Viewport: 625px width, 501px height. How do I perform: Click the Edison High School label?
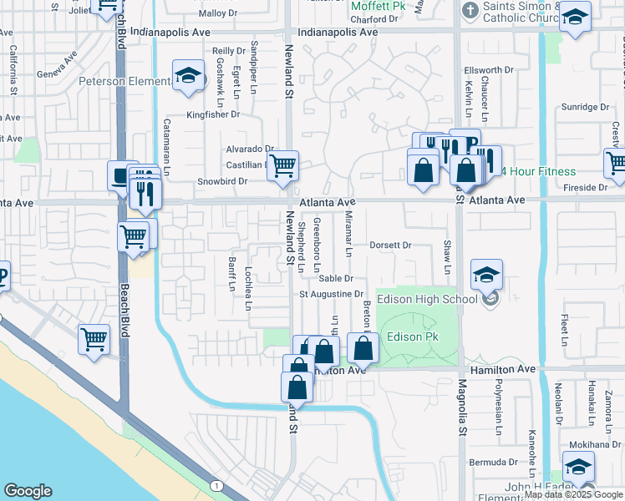(427, 300)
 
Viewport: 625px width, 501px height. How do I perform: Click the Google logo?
(28, 491)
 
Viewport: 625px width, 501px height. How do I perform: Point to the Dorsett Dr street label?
(391, 245)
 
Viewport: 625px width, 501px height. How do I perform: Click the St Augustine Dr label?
(332, 294)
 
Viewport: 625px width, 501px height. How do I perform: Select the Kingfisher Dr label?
(213, 114)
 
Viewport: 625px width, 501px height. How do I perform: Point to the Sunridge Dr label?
(585, 107)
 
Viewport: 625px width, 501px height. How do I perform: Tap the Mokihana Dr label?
(593, 445)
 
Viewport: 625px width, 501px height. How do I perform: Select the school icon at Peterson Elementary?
(188, 76)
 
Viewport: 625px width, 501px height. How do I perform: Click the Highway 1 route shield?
(217, 485)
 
